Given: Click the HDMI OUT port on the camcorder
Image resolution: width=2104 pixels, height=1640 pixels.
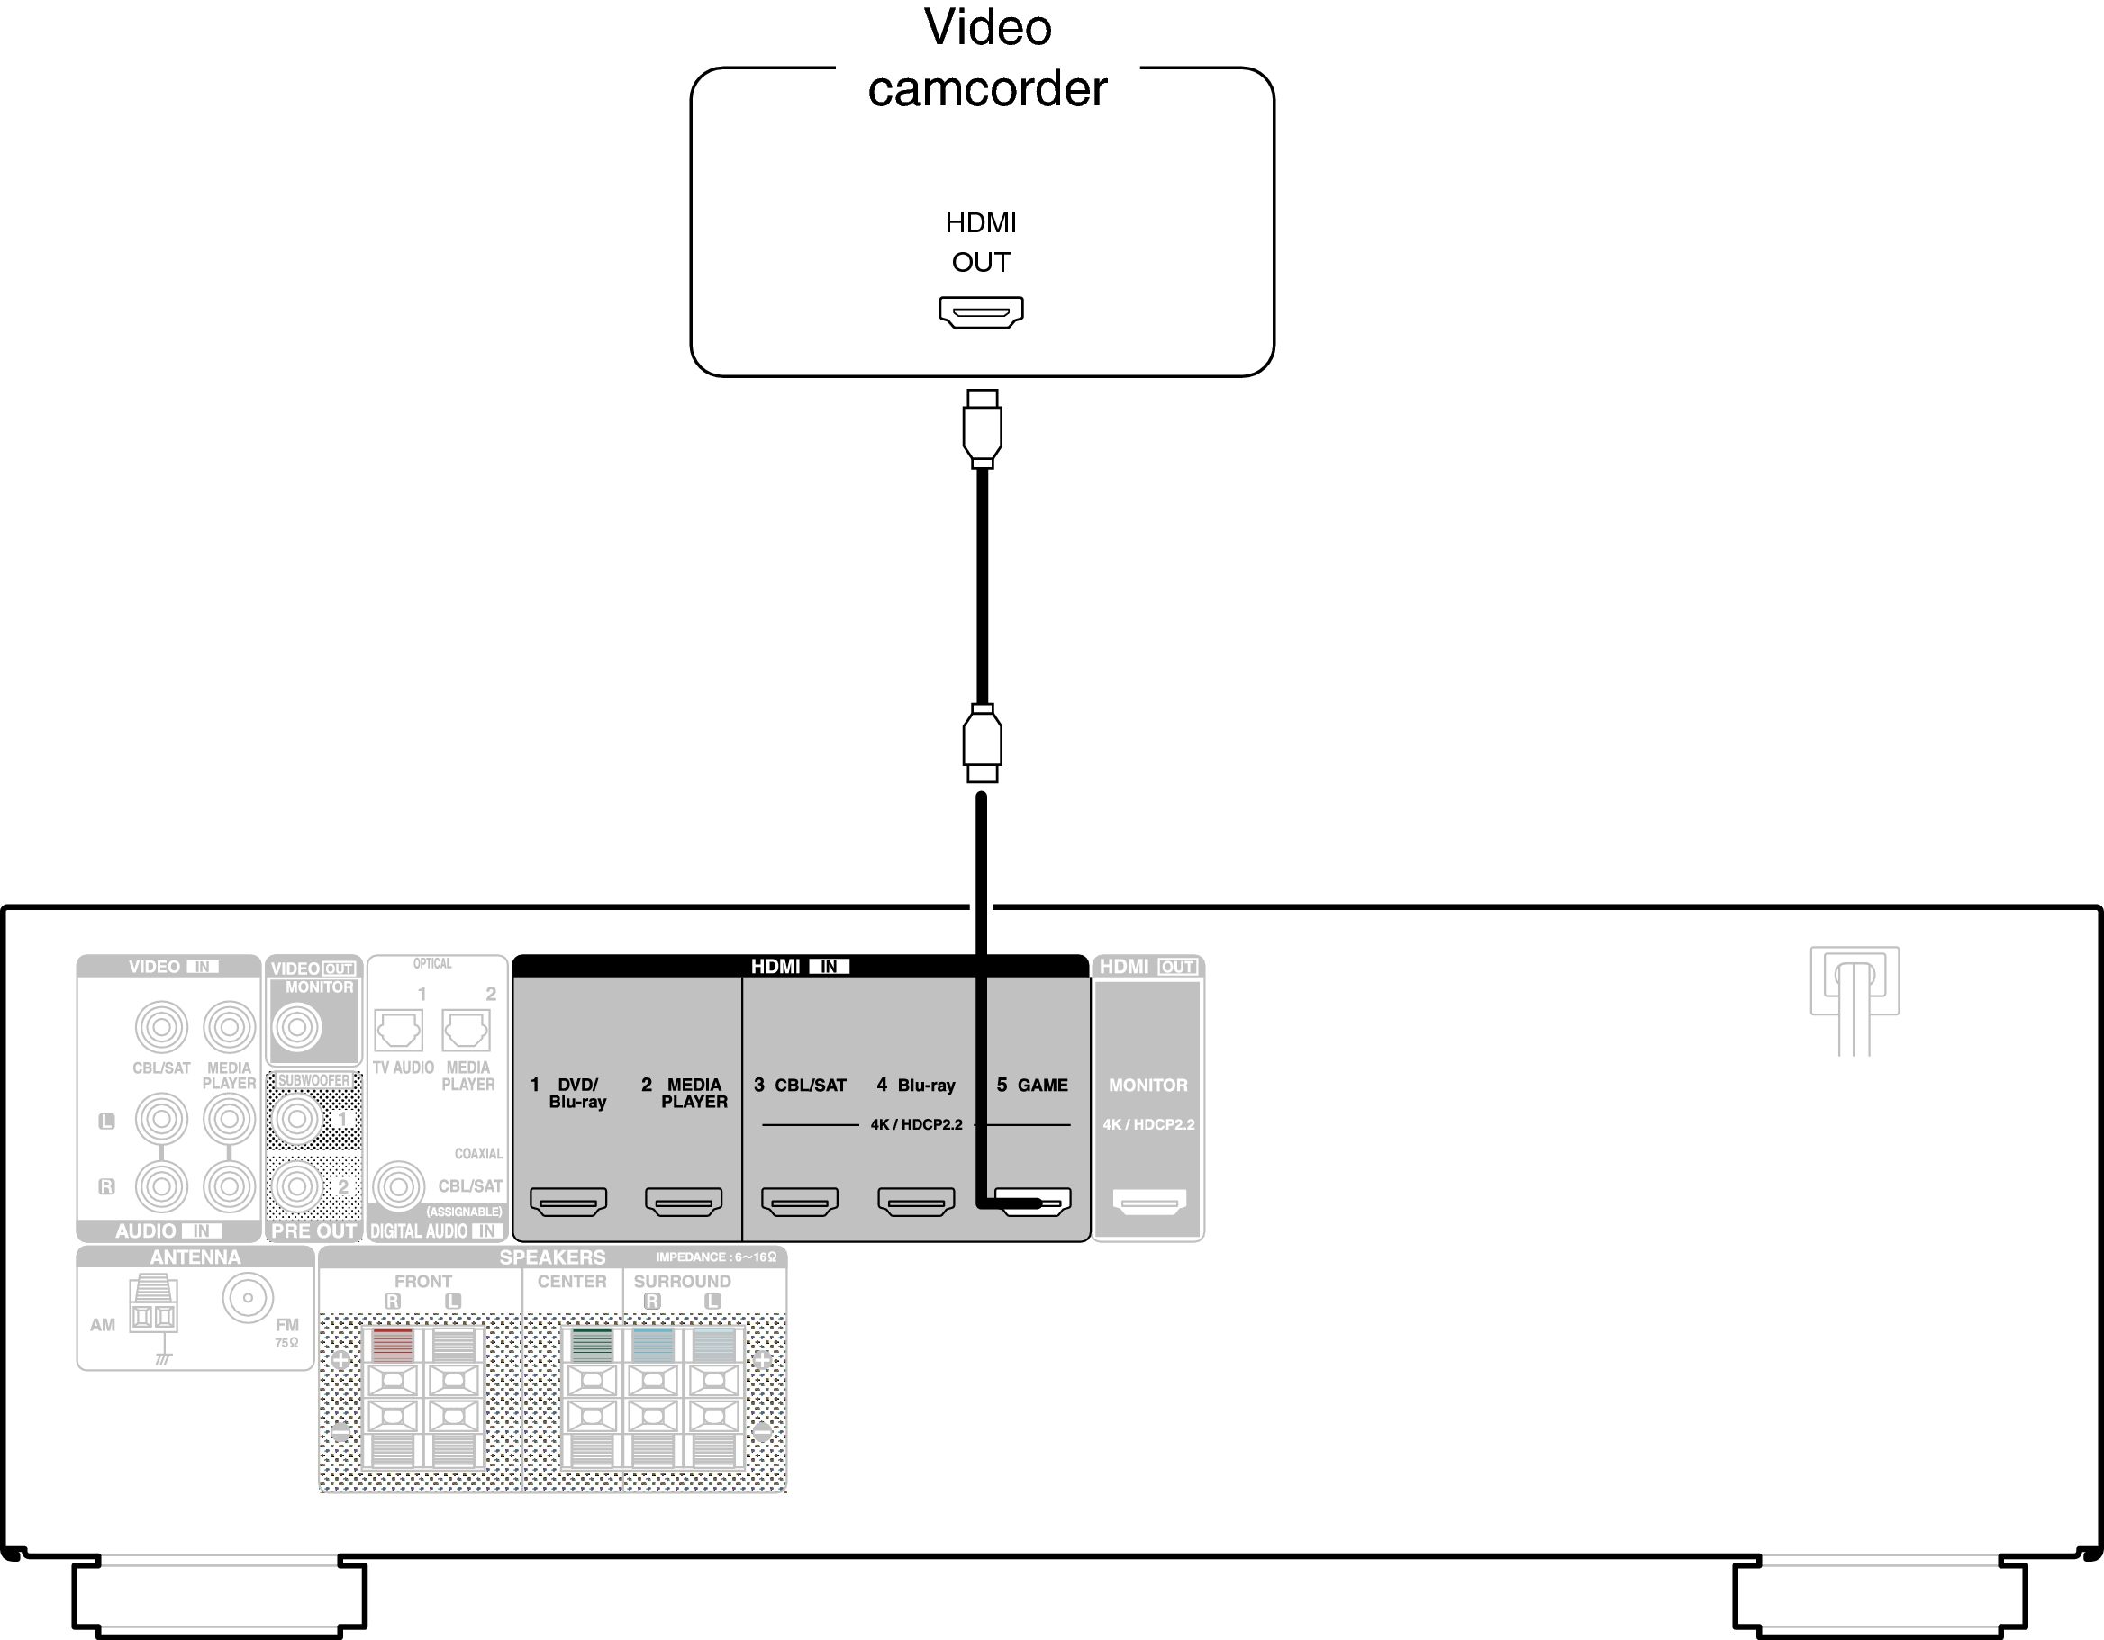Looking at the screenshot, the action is click(x=981, y=312).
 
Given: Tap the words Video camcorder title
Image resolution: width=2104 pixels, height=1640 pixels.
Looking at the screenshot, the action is click(x=987, y=58).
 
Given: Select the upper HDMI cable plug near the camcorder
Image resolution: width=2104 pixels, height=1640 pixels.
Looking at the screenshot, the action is click(x=983, y=428).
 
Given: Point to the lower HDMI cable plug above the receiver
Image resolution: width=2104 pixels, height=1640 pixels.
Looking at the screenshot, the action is click(x=983, y=743).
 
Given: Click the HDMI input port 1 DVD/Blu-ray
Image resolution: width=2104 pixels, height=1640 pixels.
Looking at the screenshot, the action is click(x=568, y=1202).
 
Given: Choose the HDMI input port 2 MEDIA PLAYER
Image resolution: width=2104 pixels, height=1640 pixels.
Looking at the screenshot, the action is click(x=683, y=1202).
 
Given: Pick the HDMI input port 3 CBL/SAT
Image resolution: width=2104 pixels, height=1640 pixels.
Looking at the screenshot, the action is click(x=800, y=1202).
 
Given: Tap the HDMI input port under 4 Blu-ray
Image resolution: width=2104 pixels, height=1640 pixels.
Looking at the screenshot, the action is click(x=916, y=1202).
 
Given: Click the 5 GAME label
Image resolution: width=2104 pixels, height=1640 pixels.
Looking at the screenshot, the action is click(x=1032, y=1086).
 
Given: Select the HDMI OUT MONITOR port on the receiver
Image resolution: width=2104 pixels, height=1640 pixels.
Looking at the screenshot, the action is click(x=1148, y=1202).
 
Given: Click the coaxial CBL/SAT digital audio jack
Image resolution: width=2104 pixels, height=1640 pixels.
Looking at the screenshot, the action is click(x=398, y=1186).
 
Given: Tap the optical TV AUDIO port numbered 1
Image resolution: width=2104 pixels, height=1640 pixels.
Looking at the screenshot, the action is click(x=398, y=1031).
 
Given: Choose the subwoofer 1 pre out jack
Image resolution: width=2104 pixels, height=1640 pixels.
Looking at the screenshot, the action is click(x=296, y=1118).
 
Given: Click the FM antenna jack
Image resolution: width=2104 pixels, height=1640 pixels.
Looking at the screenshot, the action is click(x=248, y=1298).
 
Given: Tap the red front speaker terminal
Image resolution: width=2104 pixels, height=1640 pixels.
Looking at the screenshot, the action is click(x=392, y=1345).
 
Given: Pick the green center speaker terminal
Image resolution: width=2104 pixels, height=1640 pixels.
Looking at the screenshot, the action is click(x=592, y=1345).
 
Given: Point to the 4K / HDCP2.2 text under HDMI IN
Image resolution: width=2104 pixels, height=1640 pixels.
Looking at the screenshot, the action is click(x=916, y=1125).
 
